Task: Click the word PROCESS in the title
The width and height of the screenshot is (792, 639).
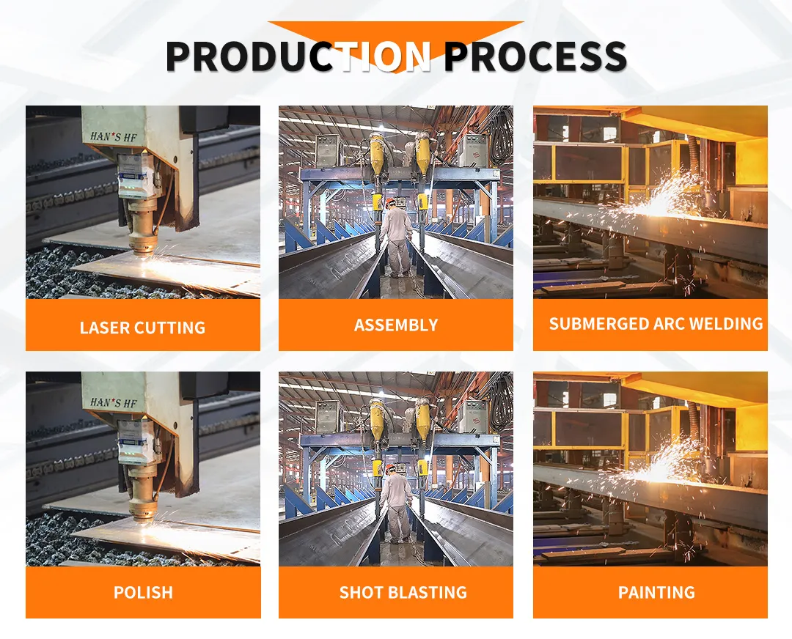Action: [535, 56]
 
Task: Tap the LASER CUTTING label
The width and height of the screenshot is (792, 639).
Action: [142, 328]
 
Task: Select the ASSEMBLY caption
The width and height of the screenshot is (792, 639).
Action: [396, 325]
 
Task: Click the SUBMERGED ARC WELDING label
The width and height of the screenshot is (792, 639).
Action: [656, 324]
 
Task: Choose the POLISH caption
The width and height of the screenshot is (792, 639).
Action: [143, 592]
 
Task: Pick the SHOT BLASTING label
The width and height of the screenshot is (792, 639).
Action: [403, 592]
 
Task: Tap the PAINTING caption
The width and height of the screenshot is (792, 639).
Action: [656, 592]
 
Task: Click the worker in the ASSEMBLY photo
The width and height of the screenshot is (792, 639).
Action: [396, 234]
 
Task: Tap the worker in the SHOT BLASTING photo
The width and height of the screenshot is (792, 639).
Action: [396, 501]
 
